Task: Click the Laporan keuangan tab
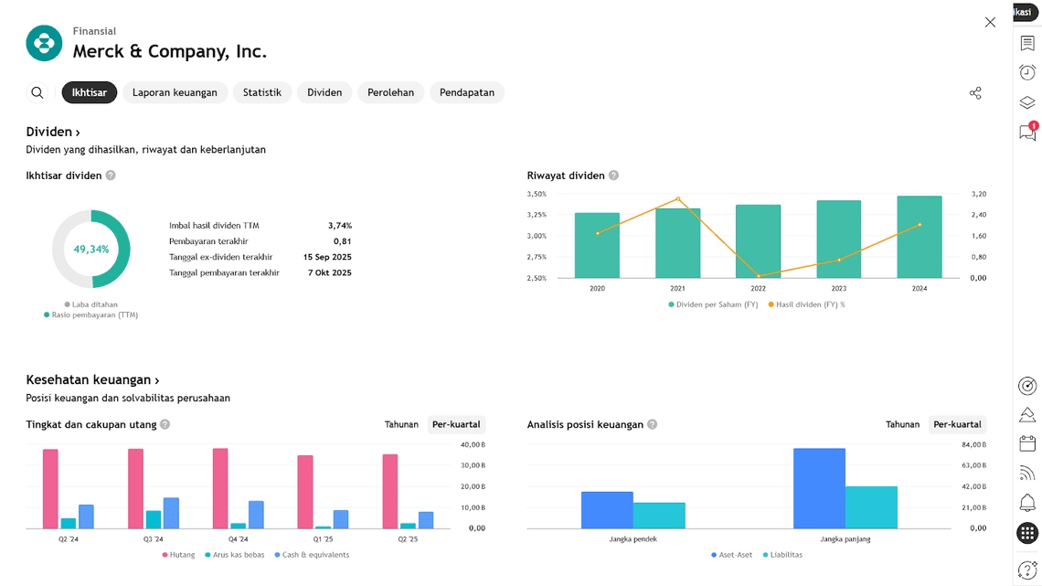click(175, 92)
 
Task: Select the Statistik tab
click(261, 92)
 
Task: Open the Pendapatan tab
click(466, 92)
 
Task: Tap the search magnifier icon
click(37, 92)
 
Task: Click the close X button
click(990, 22)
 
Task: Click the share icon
click(975, 92)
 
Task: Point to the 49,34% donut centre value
click(91, 250)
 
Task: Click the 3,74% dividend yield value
click(340, 225)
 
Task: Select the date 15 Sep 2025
click(327, 257)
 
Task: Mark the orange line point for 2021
click(677, 198)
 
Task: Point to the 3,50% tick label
click(537, 194)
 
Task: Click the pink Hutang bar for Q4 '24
click(220, 488)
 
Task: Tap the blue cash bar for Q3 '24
click(171, 513)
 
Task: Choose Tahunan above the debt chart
click(401, 424)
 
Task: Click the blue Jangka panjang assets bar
click(819, 488)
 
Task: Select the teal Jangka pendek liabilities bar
click(659, 516)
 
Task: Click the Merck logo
click(44, 43)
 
